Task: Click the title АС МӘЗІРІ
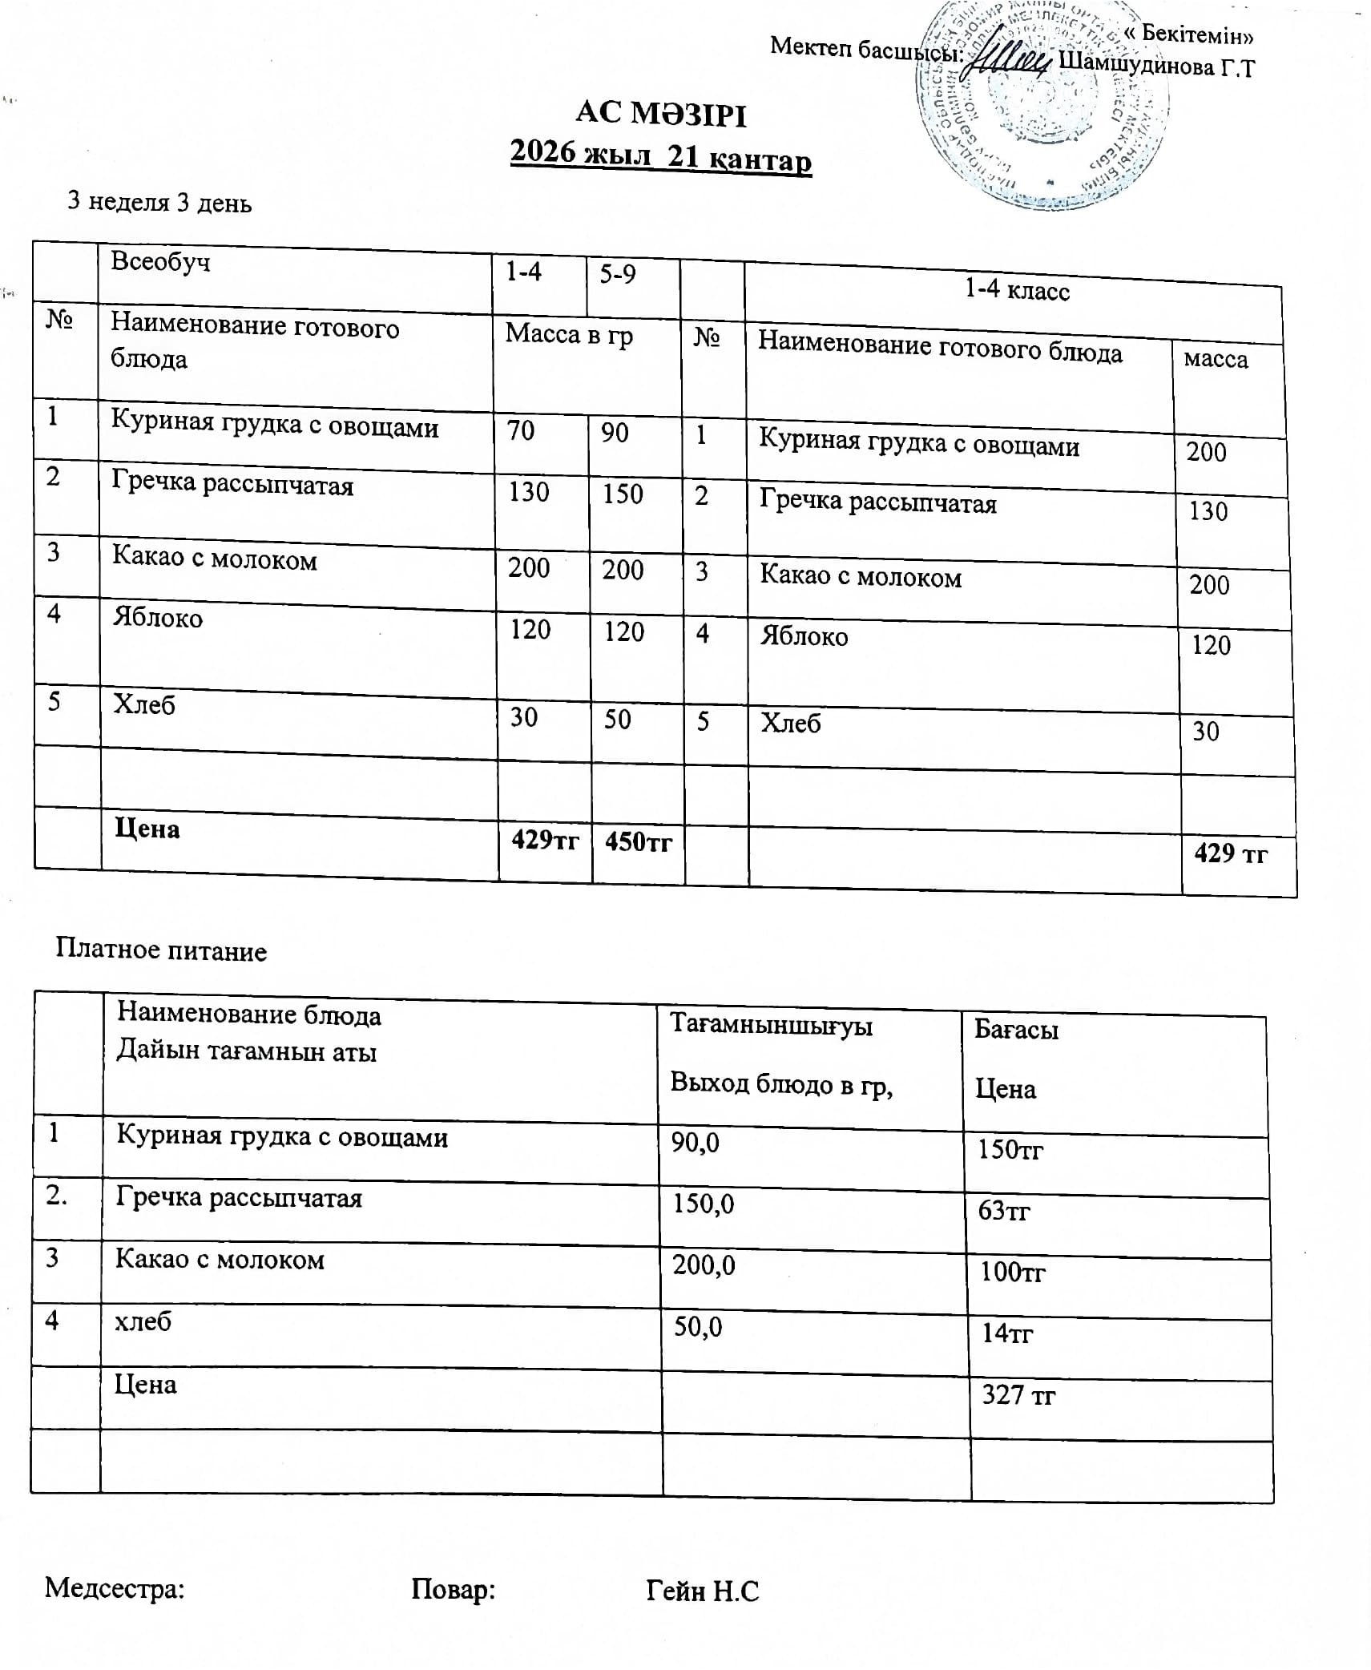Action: [661, 114]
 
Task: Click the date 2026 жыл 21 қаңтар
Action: [661, 155]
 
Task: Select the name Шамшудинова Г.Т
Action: [1155, 66]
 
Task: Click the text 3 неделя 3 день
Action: [159, 202]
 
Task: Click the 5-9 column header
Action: [618, 274]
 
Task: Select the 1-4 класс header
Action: [1016, 290]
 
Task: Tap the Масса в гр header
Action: [569, 335]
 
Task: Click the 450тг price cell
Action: [638, 841]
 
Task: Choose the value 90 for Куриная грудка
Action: [615, 433]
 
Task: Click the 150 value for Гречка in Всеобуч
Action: [623, 494]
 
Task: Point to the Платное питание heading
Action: [161, 950]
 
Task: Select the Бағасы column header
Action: [1016, 1030]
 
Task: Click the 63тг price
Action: [1003, 1210]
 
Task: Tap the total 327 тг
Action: [1018, 1395]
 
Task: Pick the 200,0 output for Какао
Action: [704, 1265]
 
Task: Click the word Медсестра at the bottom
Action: [115, 1587]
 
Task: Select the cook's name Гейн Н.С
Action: [702, 1591]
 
